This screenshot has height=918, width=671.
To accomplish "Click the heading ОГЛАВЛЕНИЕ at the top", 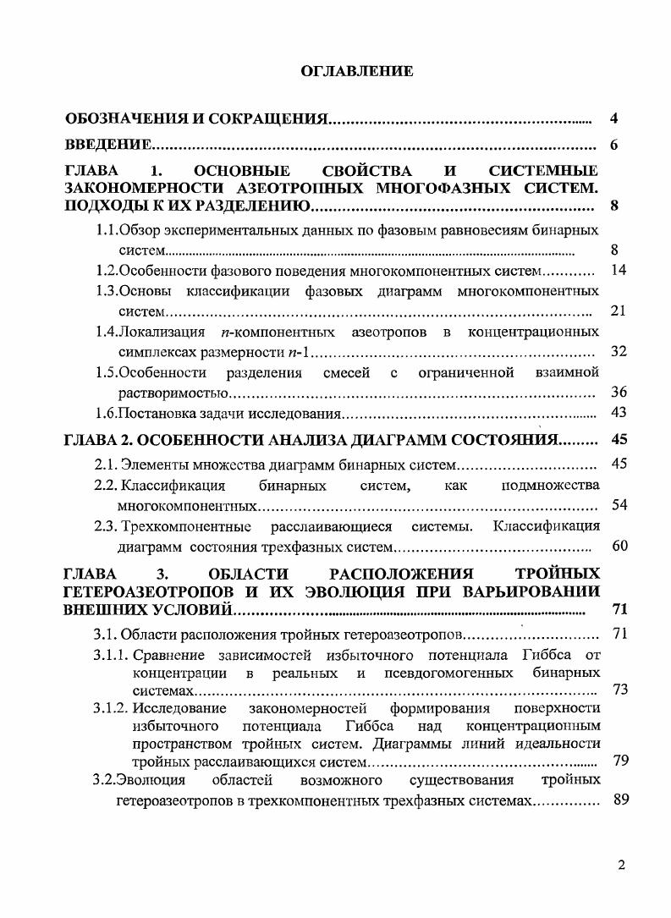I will pos(357,71).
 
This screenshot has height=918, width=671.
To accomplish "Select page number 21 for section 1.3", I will pos(617,311).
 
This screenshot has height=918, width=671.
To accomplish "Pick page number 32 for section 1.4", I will pos(618,351).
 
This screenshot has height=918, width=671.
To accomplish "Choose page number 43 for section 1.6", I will pos(618,413).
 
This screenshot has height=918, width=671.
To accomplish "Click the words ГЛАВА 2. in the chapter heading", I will pos(98,440).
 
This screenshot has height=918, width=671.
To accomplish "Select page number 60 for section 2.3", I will pos(619,547).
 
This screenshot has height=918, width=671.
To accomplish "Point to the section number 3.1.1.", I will pos(110,655).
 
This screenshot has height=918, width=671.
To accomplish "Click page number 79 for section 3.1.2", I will pos(620,761).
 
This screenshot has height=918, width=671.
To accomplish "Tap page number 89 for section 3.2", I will pos(620,800).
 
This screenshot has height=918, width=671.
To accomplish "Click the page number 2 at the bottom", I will pos(620,866).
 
